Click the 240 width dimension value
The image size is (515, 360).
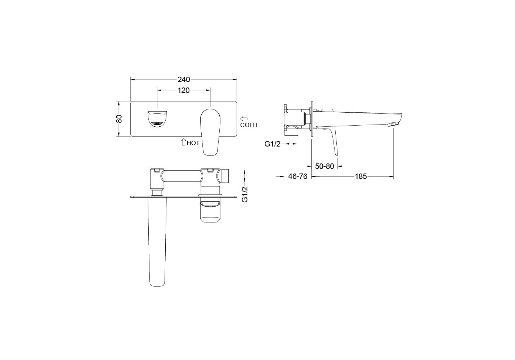[184, 80]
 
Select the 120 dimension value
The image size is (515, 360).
[183, 90]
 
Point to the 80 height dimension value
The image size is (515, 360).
[119, 119]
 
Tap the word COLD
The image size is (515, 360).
[248, 125]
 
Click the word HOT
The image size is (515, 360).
[193, 143]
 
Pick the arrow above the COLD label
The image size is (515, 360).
[244, 119]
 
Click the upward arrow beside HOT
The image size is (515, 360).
[183, 142]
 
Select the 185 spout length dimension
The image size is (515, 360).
[361, 176]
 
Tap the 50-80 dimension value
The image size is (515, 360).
[324, 166]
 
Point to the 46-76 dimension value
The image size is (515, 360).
[298, 176]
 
